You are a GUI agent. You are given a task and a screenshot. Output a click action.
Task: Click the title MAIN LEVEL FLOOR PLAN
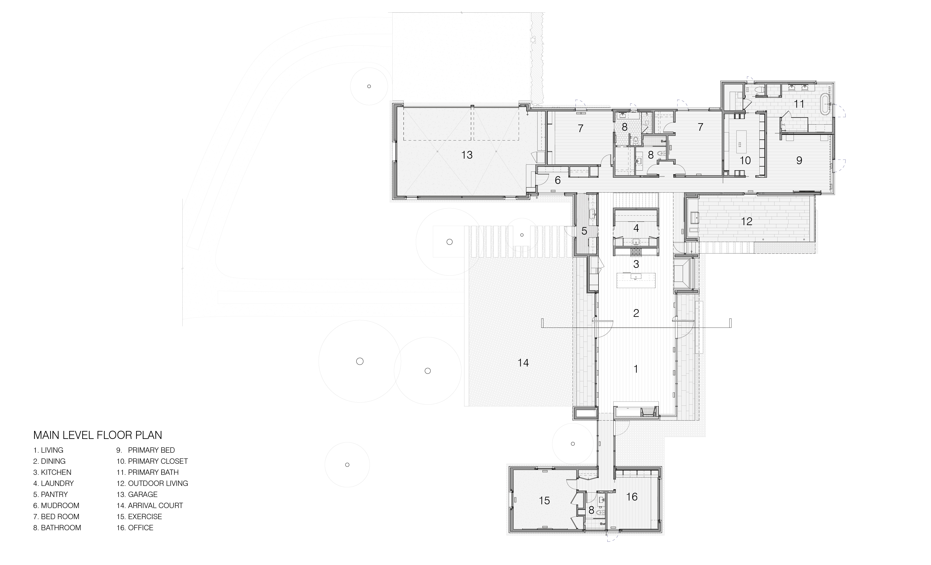click(x=98, y=435)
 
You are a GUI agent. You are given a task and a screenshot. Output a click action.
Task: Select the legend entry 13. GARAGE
click(x=137, y=494)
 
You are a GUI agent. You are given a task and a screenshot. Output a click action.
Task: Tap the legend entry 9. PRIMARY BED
click(x=145, y=450)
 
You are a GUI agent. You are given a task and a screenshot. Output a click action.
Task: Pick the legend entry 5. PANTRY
click(x=50, y=494)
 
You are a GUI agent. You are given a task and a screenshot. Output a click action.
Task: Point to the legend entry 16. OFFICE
click(x=135, y=528)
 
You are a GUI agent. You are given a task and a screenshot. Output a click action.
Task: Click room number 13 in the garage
click(x=467, y=155)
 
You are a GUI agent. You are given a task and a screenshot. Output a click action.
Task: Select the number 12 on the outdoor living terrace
click(x=747, y=221)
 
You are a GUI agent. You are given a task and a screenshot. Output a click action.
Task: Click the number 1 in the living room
click(x=636, y=369)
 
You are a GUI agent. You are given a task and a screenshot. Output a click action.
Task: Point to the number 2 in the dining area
click(x=636, y=313)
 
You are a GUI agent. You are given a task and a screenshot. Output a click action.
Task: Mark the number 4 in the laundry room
click(x=636, y=228)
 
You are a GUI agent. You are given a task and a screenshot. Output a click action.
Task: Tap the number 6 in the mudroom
click(x=558, y=180)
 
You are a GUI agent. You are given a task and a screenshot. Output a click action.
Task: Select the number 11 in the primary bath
click(x=799, y=104)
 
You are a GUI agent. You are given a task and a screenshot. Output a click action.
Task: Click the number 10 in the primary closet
click(x=745, y=160)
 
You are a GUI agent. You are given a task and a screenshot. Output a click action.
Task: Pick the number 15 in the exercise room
click(x=544, y=501)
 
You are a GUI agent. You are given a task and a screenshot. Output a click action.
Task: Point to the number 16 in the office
click(x=632, y=497)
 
